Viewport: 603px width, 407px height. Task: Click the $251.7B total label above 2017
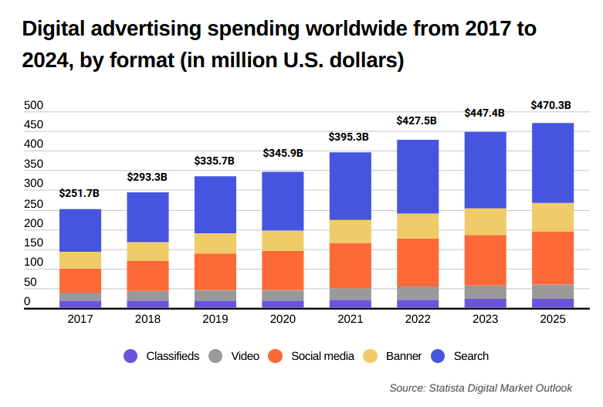click(x=80, y=193)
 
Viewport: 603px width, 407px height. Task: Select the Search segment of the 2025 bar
click(x=553, y=163)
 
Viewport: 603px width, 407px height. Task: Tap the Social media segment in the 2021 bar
click(x=350, y=266)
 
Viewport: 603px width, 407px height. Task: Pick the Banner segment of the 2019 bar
click(x=215, y=243)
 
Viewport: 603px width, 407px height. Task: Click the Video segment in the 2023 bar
click(x=485, y=292)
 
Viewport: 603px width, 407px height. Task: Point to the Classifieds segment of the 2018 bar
click(x=147, y=304)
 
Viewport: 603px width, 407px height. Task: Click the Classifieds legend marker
click(x=130, y=356)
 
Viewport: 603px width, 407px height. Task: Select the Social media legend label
click(x=322, y=356)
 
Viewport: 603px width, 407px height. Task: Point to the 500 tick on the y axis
click(x=33, y=105)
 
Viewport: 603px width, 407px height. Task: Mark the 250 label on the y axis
click(x=33, y=204)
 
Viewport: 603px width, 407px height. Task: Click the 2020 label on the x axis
click(x=283, y=319)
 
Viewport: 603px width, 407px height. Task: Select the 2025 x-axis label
click(x=553, y=319)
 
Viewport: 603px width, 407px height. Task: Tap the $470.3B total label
click(x=551, y=106)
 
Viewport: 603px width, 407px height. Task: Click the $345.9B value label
click(x=283, y=154)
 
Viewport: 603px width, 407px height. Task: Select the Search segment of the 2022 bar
click(x=418, y=177)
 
